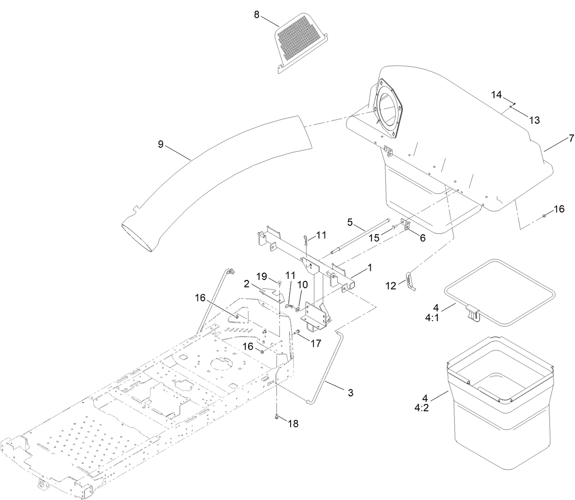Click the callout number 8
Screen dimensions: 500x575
[x=256, y=15]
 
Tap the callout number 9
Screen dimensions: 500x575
[x=160, y=144]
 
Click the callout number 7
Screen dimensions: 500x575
[x=571, y=139]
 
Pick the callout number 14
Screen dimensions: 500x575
[x=496, y=95]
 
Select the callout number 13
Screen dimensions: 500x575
[x=534, y=120]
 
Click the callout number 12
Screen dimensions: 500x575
[x=391, y=285]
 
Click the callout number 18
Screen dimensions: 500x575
[x=293, y=424]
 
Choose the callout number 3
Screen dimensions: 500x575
[x=350, y=392]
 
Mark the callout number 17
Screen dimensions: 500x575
[x=316, y=343]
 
